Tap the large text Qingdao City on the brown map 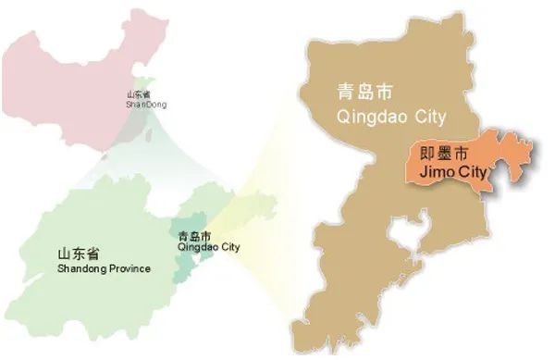tap(391, 117)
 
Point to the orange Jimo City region tap(499, 162)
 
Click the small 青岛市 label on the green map tap(193, 234)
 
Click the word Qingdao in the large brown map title tap(371, 117)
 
